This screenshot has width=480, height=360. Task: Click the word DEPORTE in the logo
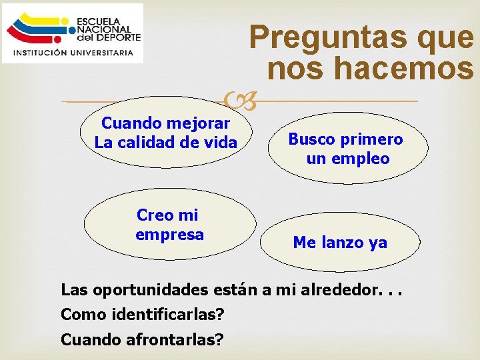click(x=119, y=37)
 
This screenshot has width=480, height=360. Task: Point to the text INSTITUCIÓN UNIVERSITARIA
click(x=73, y=53)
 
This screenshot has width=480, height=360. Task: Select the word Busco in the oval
click(x=310, y=139)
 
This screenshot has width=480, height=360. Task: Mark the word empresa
click(x=169, y=235)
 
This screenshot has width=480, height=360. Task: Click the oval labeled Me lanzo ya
click(x=340, y=243)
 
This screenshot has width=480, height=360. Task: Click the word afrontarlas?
click(x=171, y=339)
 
